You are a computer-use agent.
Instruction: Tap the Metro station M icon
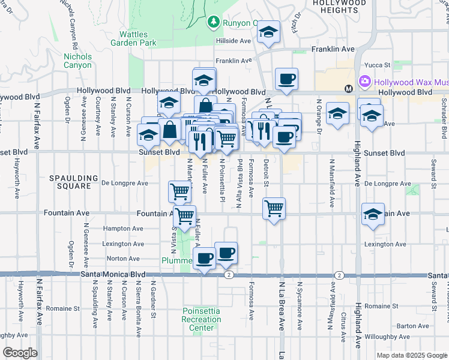tap(348, 89)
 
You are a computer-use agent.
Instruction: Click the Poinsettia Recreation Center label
tap(202, 319)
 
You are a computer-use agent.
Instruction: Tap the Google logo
tap(20, 353)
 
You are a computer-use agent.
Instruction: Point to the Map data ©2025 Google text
tap(411, 355)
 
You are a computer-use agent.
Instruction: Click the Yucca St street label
tap(379, 64)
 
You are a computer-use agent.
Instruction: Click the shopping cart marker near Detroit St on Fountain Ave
tap(274, 209)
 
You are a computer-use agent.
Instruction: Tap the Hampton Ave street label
tap(123, 229)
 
